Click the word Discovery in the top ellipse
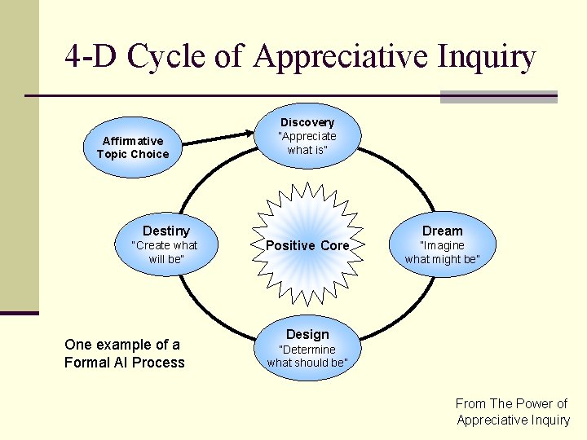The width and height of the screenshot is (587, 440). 307,122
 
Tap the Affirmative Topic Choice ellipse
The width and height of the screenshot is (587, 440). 133,147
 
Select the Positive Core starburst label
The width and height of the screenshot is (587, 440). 307,245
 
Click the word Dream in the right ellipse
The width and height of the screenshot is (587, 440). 442,231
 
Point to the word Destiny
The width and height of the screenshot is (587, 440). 166,231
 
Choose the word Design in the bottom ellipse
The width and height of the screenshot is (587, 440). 307,334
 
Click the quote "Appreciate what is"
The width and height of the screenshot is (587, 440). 307,143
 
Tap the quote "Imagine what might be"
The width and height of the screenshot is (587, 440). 442,252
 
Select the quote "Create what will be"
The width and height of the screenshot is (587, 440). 166,252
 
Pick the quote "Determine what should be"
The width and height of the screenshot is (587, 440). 307,356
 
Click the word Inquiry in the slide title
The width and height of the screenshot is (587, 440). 488,57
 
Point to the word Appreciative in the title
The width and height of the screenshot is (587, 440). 342,57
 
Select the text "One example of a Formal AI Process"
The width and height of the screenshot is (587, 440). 124,354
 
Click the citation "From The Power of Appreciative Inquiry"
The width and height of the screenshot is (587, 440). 512,411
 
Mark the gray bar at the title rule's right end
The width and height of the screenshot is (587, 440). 498,96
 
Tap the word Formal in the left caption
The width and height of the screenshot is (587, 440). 87,363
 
